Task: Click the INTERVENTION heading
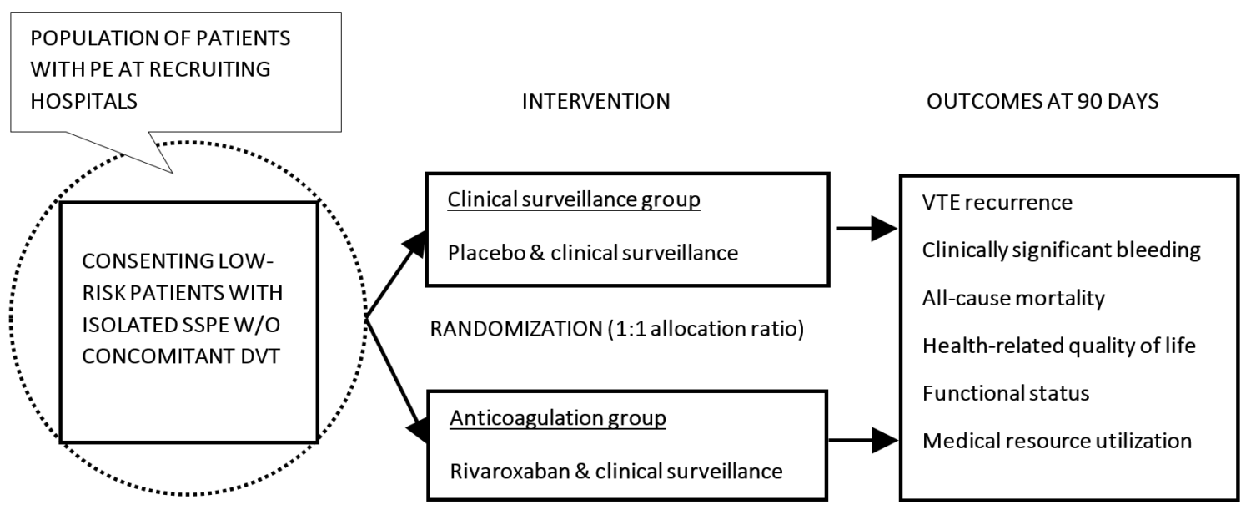[x=595, y=102]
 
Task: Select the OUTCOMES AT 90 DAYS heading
[x=1042, y=102]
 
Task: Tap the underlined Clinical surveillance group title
[x=574, y=201]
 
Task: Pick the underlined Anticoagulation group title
[x=558, y=418]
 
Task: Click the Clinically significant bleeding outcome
[x=1061, y=250]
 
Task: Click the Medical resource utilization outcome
[x=1057, y=441]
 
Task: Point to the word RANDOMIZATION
[x=506, y=329]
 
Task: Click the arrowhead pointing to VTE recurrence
[x=884, y=228]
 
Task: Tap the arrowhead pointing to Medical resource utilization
[x=884, y=440]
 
